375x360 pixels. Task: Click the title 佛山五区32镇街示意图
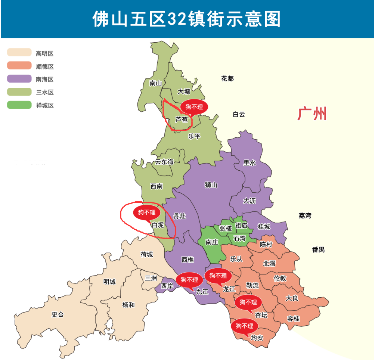pos(187,19)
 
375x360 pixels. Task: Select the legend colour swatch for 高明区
pos(19,53)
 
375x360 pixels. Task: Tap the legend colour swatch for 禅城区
pos(19,105)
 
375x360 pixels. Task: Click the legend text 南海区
pos(45,80)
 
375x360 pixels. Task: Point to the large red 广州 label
pos(312,114)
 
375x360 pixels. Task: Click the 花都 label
pos(227,78)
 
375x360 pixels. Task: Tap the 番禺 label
pos(318,249)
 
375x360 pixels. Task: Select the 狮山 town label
pos(211,185)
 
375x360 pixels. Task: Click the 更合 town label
pos(58,314)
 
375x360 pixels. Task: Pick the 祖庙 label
pos(241,225)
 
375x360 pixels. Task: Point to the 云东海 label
pos(164,162)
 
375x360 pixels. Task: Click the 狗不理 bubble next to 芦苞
pos(194,107)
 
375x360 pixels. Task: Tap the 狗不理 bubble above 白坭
pos(147,212)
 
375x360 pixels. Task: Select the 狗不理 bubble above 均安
pos(244,326)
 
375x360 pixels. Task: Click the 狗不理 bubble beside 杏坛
pos(248,302)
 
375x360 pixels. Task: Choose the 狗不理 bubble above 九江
pos(189,279)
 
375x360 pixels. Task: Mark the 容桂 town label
pos(293,319)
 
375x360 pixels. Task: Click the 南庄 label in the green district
pos(212,242)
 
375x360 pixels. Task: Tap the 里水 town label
pos(250,163)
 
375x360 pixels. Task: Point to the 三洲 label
pos(151,278)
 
